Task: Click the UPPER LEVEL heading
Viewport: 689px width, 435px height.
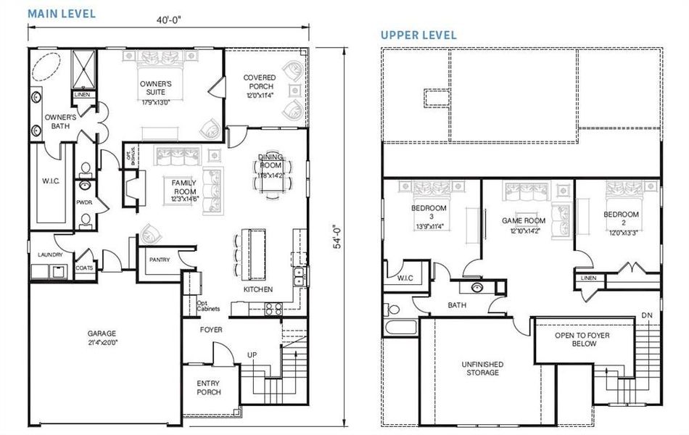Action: tap(419, 35)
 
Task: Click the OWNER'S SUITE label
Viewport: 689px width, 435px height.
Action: tap(156, 88)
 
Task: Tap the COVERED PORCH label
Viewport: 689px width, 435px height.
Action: tap(258, 82)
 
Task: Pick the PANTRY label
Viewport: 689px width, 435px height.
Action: tap(160, 259)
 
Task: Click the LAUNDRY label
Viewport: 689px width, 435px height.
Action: tap(50, 255)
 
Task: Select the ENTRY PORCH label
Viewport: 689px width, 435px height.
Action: tap(208, 388)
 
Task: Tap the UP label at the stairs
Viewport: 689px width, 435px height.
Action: tap(252, 355)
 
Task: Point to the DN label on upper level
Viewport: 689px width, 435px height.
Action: tap(646, 315)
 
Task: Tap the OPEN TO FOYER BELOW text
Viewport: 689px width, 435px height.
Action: tap(575, 339)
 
